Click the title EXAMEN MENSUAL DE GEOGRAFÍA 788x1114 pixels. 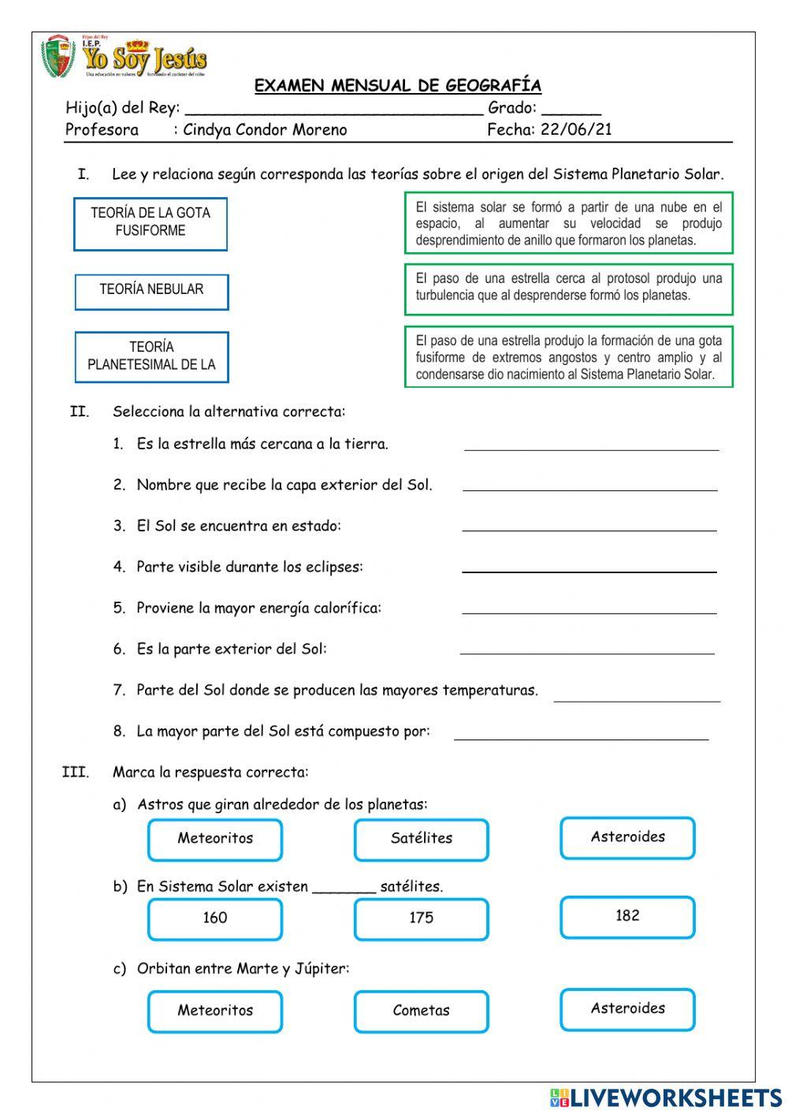[397, 85]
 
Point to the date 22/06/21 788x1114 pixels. [576, 129]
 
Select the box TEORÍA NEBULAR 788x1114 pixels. [151, 292]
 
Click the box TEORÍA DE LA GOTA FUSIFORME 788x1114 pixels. [151, 224]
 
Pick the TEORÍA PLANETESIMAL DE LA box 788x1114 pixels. [151, 357]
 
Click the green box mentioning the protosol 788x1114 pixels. [568, 288]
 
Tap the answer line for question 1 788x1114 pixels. [591, 445]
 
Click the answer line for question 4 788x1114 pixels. [589, 568]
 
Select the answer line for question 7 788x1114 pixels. [637, 696]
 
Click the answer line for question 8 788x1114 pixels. [581, 735]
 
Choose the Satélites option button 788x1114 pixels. [422, 839]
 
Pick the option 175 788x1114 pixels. [422, 918]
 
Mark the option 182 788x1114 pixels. [627, 916]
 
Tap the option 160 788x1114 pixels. [215, 918]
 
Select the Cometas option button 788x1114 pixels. [422, 1011]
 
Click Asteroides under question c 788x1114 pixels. [627, 1008]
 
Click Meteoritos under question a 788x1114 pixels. [215, 839]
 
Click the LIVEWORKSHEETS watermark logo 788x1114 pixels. [666, 1097]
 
